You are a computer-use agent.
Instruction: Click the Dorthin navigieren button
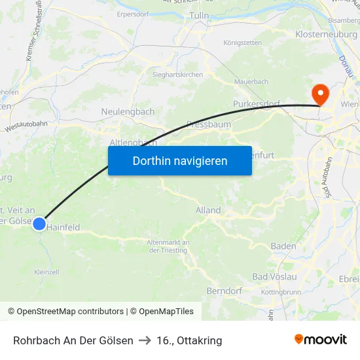180,160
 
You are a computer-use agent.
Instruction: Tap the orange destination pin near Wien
320,94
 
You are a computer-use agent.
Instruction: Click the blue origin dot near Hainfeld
39,224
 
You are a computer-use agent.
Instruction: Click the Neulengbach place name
128,112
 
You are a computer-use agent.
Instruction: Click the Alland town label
208,210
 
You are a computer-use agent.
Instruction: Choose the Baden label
283,246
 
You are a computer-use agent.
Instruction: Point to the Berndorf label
225,291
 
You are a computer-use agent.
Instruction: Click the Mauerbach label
251,82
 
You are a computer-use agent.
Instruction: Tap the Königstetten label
242,43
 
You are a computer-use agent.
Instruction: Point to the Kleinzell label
46,272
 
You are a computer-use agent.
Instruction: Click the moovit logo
321,340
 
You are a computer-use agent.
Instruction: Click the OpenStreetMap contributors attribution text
70,312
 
